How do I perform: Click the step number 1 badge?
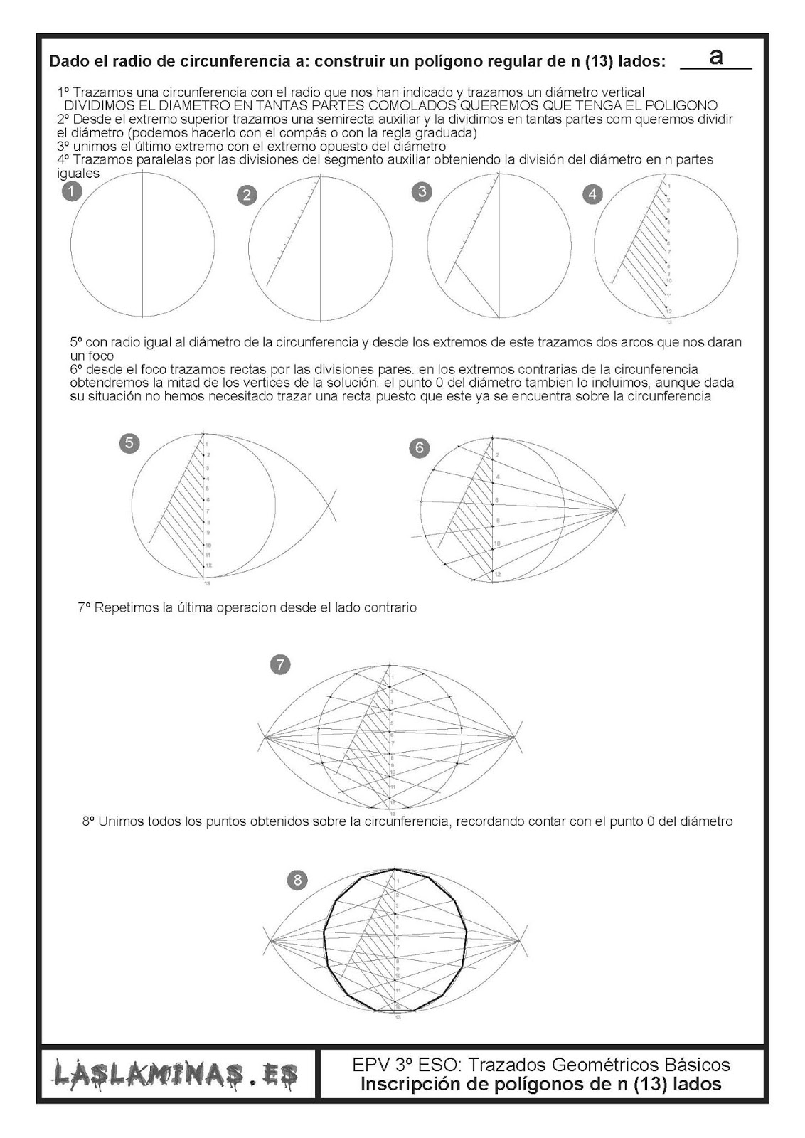click(x=72, y=191)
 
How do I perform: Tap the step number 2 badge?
click(x=247, y=195)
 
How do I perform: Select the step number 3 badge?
click(x=422, y=191)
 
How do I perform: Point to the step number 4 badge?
click(x=592, y=194)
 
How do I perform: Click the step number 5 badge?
click(x=129, y=443)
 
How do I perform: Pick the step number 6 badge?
click(x=419, y=447)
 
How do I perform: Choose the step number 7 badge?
click(x=280, y=665)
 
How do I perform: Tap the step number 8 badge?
click(x=297, y=881)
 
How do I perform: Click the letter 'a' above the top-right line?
click(x=716, y=57)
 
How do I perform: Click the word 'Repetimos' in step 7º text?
click(x=125, y=608)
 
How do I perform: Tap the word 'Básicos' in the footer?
click(x=697, y=1065)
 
